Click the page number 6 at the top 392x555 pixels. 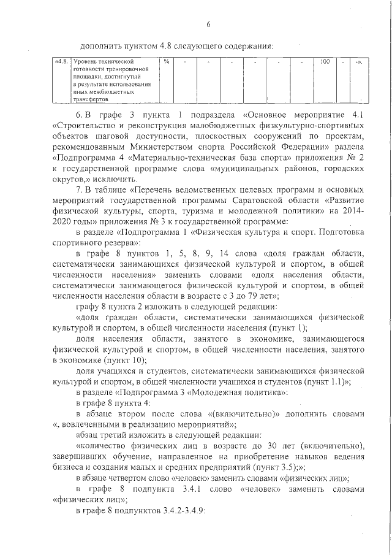(208, 25)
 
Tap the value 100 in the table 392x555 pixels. (325, 62)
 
